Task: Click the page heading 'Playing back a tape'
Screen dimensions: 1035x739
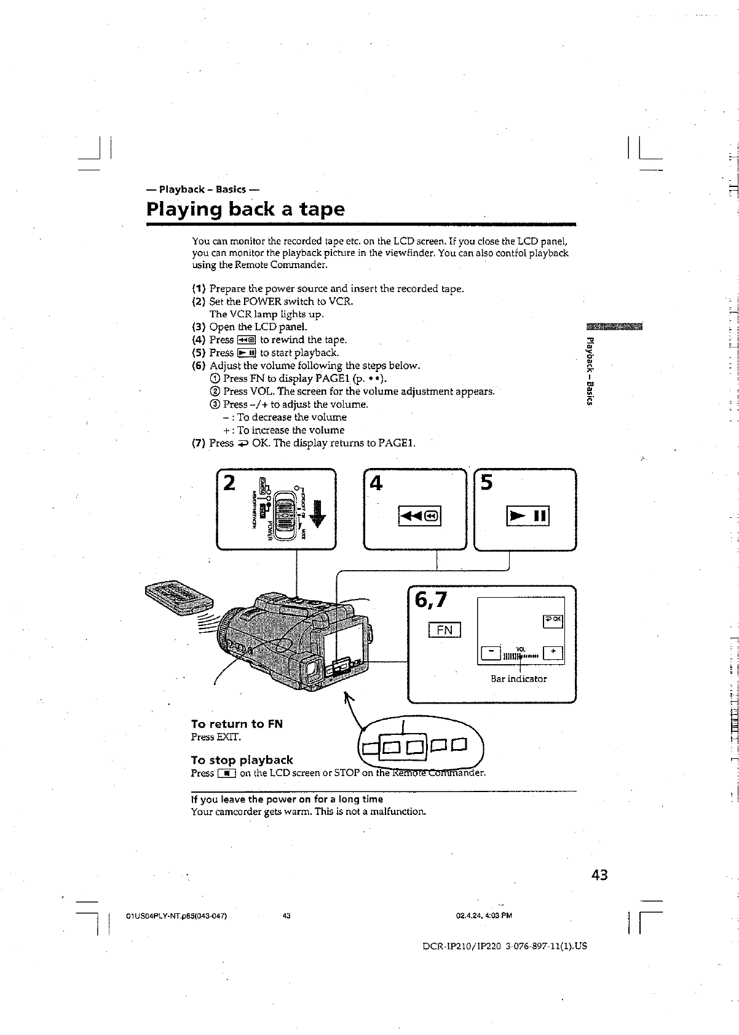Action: pyautogui.click(x=246, y=209)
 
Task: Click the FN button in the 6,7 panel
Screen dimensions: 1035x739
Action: pyautogui.click(x=444, y=630)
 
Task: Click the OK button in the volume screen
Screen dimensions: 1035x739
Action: pyautogui.click(x=552, y=620)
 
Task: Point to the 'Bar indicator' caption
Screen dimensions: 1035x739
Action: pyautogui.click(x=518, y=679)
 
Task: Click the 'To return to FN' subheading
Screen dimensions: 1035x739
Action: pyautogui.click(x=237, y=724)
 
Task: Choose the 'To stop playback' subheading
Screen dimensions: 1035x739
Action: pyautogui.click(x=242, y=760)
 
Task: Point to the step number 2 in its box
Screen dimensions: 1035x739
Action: pyautogui.click(x=229, y=483)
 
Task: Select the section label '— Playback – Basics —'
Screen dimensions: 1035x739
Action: pyautogui.click(x=205, y=189)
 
